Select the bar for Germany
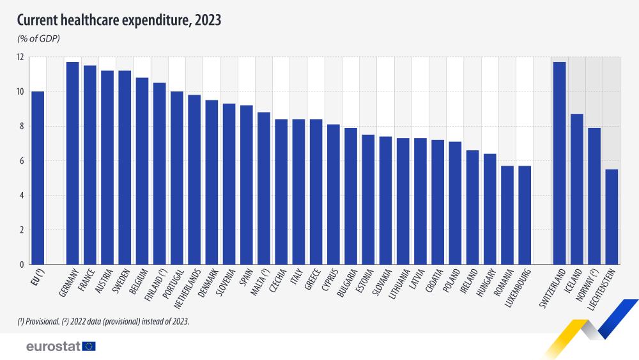[73, 163]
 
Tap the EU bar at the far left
[38, 178]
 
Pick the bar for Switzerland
[559, 163]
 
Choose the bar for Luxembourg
[524, 215]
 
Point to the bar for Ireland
[472, 207]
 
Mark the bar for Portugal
[177, 178]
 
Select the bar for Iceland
[576, 189]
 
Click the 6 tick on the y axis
[21, 161]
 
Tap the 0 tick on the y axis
[21, 264]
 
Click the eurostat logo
[61, 347]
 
